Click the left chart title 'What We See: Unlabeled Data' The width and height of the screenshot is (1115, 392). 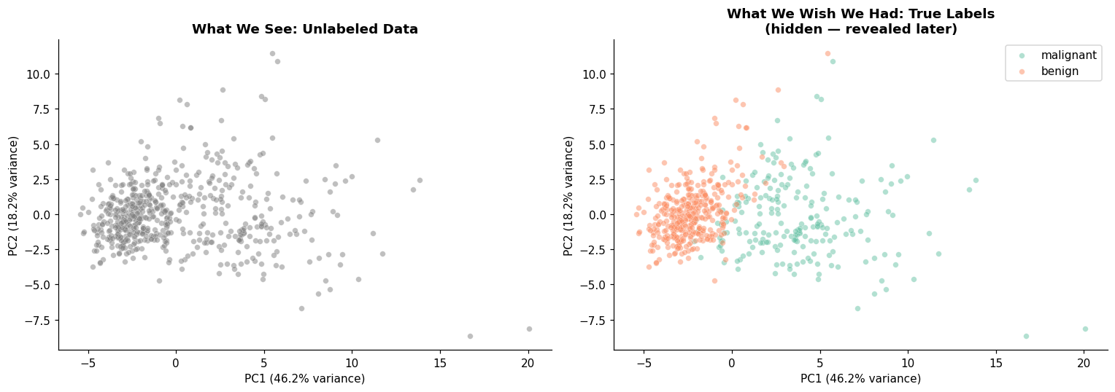point(304,29)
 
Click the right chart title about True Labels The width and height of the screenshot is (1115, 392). point(860,21)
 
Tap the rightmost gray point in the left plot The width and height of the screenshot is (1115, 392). point(529,329)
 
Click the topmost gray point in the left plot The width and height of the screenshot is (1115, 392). point(272,54)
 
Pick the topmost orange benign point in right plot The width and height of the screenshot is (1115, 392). point(827,54)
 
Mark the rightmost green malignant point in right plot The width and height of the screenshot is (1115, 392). point(1085,329)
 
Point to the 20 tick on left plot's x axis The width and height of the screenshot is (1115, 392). point(528,364)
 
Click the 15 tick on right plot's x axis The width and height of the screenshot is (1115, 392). point(995,364)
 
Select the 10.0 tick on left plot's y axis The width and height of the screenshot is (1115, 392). point(39,74)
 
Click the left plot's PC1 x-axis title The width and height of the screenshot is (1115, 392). point(304,379)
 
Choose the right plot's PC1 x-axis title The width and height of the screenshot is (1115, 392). point(860,379)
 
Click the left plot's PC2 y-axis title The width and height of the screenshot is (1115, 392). point(12,196)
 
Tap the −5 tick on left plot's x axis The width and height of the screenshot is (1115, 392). point(88,364)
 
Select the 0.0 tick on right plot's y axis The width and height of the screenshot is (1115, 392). point(598,215)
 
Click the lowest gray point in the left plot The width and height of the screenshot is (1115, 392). point(470,337)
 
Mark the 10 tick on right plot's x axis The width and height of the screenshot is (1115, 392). point(908,364)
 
